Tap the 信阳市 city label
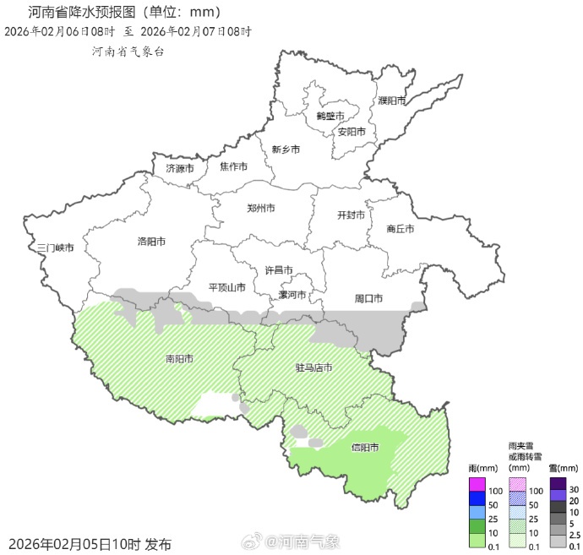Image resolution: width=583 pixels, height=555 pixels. pyautogui.click(x=364, y=448)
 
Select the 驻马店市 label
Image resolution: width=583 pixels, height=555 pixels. pyautogui.click(x=313, y=367)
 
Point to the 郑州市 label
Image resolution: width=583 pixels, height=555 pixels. pyautogui.click(x=261, y=208)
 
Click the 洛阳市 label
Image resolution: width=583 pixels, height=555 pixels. pyautogui.click(x=151, y=242)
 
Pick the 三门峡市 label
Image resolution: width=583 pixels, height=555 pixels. pyautogui.click(x=56, y=248)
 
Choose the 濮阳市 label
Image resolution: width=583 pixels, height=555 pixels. pyautogui.click(x=392, y=101)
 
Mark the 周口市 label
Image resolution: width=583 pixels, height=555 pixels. pyautogui.click(x=368, y=298)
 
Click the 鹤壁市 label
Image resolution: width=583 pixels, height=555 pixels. pyautogui.click(x=330, y=116)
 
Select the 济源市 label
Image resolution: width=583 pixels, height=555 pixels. pyautogui.click(x=180, y=168)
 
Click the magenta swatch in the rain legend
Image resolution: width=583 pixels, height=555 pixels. pyautogui.click(x=477, y=484)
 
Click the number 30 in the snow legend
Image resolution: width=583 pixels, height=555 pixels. pyautogui.click(x=574, y=490)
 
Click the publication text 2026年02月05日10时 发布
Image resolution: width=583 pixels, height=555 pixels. pyautogui.click(x=91, y=543)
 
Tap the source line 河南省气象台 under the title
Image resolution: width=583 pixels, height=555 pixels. pyautogui.click(x=128, y=51)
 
